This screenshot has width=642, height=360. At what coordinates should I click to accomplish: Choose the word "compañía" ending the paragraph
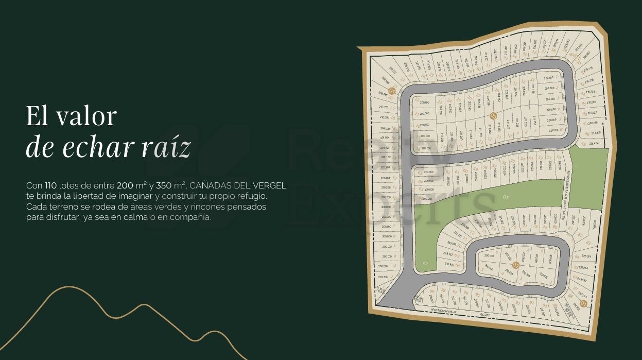193,217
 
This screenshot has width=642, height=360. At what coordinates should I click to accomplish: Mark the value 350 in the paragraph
164,185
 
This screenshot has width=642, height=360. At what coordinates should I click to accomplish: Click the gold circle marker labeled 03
494,116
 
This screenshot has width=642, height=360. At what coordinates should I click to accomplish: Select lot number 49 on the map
583,144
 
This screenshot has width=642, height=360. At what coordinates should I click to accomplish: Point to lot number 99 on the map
431,291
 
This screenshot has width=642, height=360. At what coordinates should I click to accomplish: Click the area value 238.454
594,144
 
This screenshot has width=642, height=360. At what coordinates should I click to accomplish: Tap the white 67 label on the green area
425,263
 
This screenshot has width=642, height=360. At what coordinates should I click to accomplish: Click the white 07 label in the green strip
506,197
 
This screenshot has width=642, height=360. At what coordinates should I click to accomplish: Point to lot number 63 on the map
420,173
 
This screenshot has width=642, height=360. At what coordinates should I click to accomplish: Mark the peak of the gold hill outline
68,287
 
